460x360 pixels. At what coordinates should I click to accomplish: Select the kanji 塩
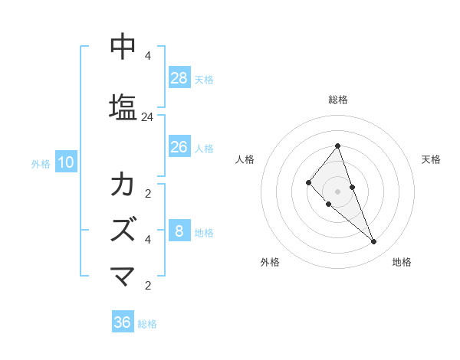[x=123, y=106]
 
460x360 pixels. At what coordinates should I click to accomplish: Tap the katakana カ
[x=123, y=185]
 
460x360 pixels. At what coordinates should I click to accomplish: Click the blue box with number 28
[x=179, y=78]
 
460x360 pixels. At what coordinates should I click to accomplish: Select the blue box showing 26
[x=179, y=147]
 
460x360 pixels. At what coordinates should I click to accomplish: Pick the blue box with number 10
[x=65, y=162]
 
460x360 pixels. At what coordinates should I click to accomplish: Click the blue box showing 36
[x=123, y=322]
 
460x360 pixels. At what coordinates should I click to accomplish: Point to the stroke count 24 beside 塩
[x=148, y=117]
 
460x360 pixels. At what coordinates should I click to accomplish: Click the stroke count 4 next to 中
[x=148, y=56]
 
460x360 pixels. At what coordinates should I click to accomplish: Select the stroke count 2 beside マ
[x=148, y=286]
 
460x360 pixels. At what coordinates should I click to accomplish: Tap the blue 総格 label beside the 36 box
[x=147, y=324]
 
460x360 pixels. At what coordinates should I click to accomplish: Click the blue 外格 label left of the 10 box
[x=41, y=163]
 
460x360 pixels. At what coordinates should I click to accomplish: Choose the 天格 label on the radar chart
[x=431, y=159]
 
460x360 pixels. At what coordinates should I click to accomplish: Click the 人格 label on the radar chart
[x=245, y=159]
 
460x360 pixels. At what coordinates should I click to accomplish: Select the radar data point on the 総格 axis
[x=337, y=146]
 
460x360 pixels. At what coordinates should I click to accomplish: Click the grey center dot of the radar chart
[x=337, y=191]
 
